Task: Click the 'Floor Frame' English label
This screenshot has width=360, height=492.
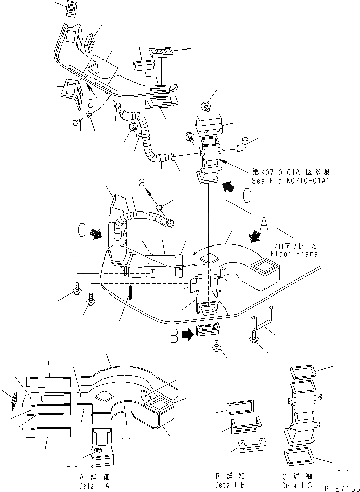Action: pos(294,254)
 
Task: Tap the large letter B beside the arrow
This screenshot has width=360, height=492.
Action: pos(174,336)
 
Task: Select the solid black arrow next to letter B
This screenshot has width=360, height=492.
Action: pos(187,335)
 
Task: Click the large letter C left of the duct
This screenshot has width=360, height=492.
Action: pos(83,230)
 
